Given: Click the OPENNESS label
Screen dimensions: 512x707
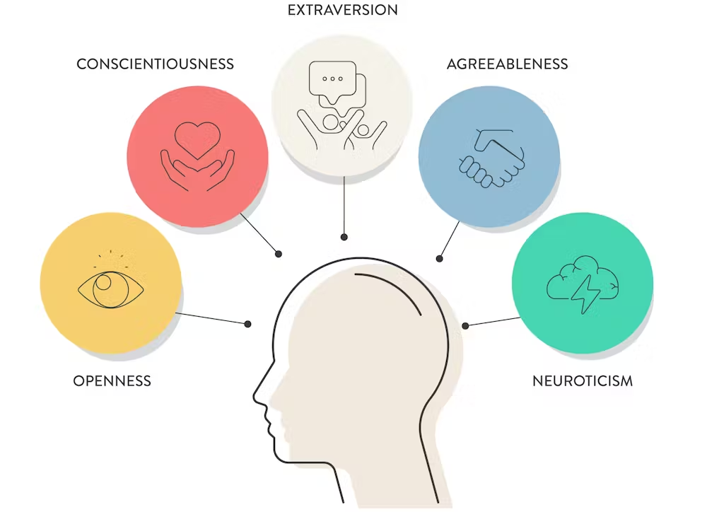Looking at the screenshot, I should point(112,381).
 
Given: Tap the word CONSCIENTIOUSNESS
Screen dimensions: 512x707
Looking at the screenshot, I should point(155,64).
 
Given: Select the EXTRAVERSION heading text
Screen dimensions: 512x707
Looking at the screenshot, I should point(343,11).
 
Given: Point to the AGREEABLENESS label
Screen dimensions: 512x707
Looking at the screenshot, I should point(507,64).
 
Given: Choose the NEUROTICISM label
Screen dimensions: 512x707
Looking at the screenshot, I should point(582,381).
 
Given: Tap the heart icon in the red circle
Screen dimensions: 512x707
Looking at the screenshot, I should point(197,139).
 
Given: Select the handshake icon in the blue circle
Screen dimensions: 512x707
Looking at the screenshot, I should point(492,159).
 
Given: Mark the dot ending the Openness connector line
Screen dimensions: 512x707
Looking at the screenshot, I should point(248,324).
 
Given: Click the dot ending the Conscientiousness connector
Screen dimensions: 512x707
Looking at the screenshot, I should point(279,253).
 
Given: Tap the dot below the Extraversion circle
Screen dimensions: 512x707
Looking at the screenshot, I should point(344,237).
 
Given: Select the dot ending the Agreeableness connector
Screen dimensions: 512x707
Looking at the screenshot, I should point(439,259).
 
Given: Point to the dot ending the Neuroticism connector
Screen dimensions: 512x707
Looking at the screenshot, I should point(465,325).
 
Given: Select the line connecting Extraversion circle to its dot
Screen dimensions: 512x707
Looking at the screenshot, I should point(344,205).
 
